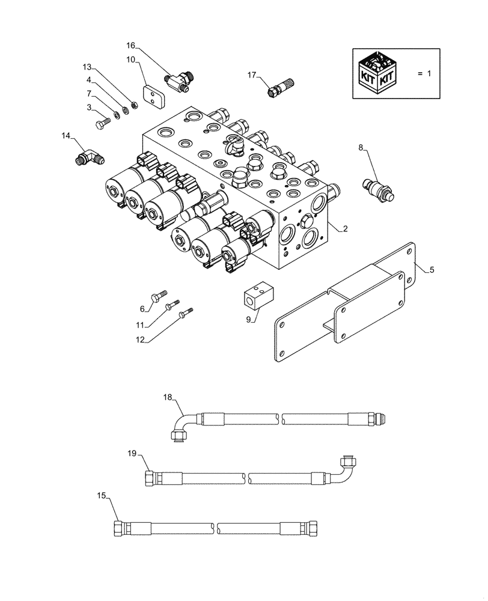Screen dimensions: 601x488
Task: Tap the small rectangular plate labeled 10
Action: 153,96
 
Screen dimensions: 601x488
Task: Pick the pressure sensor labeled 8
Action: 377,186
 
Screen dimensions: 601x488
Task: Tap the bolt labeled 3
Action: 103,123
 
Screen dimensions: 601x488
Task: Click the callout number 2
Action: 345,228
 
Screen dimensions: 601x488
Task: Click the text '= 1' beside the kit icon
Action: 424,73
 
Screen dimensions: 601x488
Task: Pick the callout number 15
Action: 102,496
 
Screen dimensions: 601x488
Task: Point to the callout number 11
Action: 140,325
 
